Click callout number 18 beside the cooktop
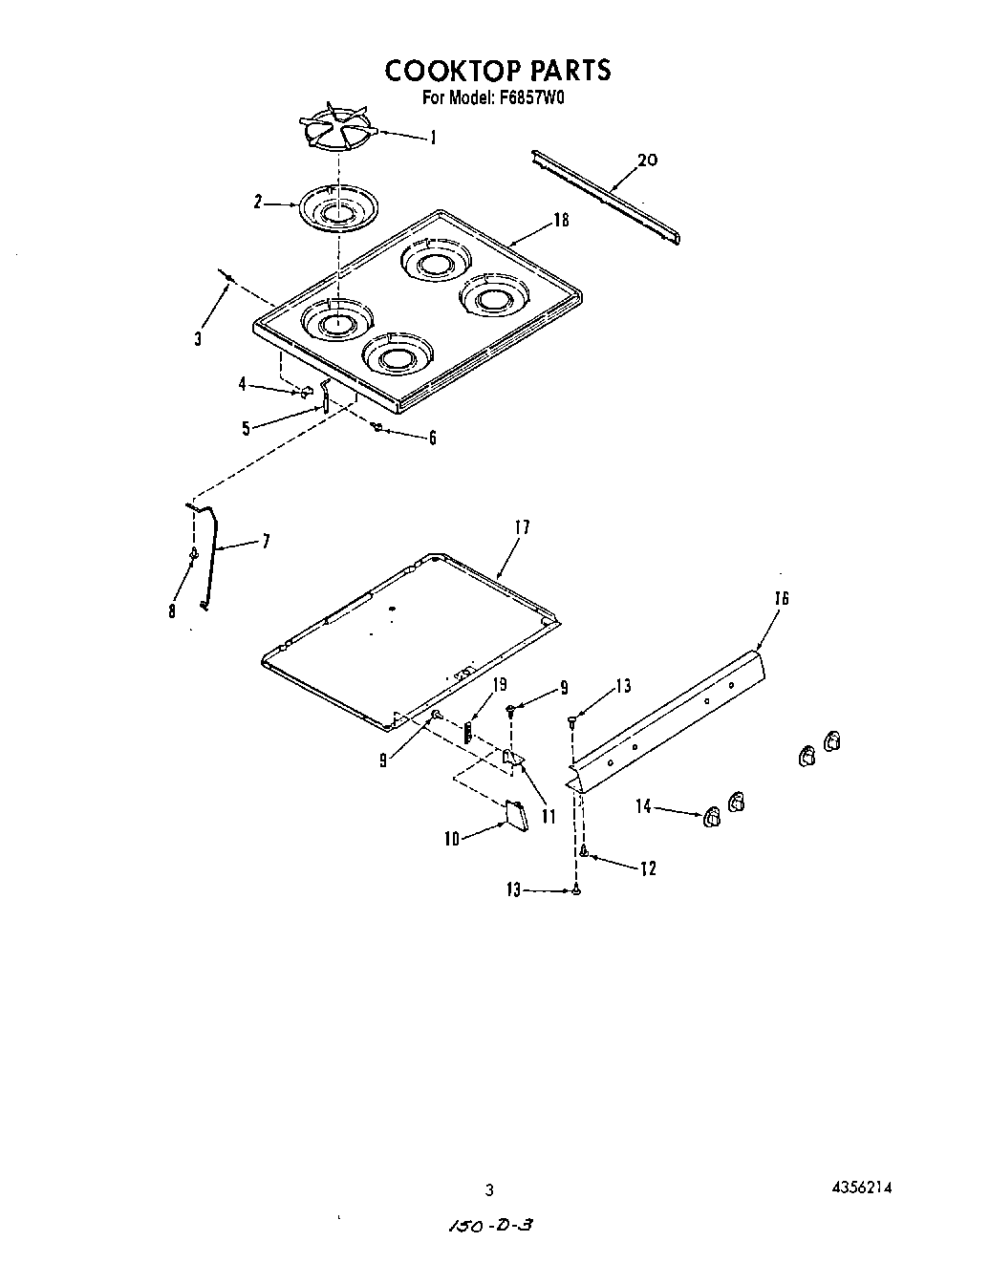[561, 221]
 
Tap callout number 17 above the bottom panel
[522, 527]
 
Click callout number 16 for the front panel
[782, 598]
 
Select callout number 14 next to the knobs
[644, 807]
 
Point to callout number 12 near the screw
[648, 868]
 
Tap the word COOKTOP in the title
[447, 71]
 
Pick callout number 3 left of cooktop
[198, 337]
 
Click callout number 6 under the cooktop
[432, 438]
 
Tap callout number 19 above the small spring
[499, 685]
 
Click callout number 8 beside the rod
[172, 611]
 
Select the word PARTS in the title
[565, 71]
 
